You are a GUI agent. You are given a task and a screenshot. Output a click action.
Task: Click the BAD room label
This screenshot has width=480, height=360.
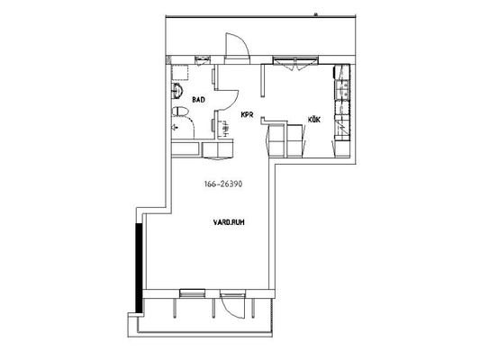[x=198, y=100]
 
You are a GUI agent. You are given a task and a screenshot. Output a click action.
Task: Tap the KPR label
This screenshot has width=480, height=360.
[x=247, y=115]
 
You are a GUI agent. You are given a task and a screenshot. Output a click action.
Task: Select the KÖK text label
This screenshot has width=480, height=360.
[x=314, y=120]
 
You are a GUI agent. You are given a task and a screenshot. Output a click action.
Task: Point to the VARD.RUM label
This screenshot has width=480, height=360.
[x=229, y=222]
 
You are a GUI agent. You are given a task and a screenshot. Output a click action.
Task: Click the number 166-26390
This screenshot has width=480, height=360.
[x=223, y=184]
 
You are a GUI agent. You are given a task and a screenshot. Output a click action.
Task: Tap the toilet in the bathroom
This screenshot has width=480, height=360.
[x=180, y=112]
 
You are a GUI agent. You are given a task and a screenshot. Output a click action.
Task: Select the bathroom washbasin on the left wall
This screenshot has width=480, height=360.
[x=177, y=91]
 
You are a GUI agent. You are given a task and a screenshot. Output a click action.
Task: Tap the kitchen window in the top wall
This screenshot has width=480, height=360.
[x=295, y=60]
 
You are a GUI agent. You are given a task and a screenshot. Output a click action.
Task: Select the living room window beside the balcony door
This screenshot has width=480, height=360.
[x=192, y=293]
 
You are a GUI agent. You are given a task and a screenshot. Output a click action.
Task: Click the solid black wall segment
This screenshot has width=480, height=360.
[x=139, y=268]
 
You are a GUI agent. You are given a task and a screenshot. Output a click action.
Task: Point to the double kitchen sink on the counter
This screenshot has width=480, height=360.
[x=342, y=89]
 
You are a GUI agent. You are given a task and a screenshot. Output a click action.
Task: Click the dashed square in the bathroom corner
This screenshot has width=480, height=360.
[x=180, y=72]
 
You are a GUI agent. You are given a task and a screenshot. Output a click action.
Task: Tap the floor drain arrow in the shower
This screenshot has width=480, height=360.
[x=175, y=127]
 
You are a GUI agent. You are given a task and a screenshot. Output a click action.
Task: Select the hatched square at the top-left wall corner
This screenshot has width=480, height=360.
[x=168, y=60]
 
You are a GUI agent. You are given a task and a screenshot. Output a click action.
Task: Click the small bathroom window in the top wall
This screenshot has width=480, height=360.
[x=203, y=58]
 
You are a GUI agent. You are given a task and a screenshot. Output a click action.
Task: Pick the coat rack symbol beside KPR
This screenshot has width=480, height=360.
[x=225, y=129]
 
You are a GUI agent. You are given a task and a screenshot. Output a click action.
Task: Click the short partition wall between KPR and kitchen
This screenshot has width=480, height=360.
[x=263, y=80]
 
